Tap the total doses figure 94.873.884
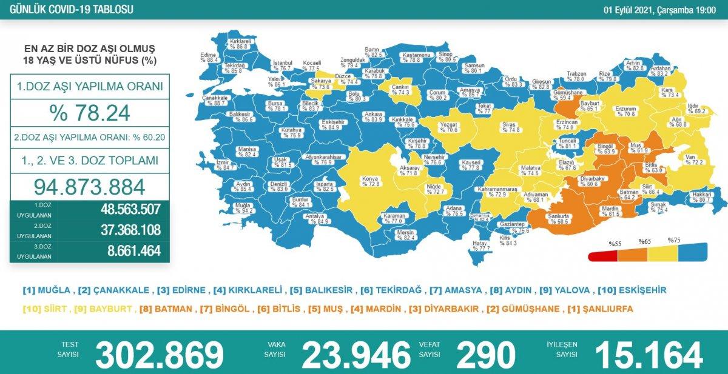pyautogui.click(x=90, y=186)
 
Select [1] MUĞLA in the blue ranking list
pyautogui.click(x=48, y=290)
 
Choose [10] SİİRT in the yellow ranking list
pyautogui.click(x=45, y=309)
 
